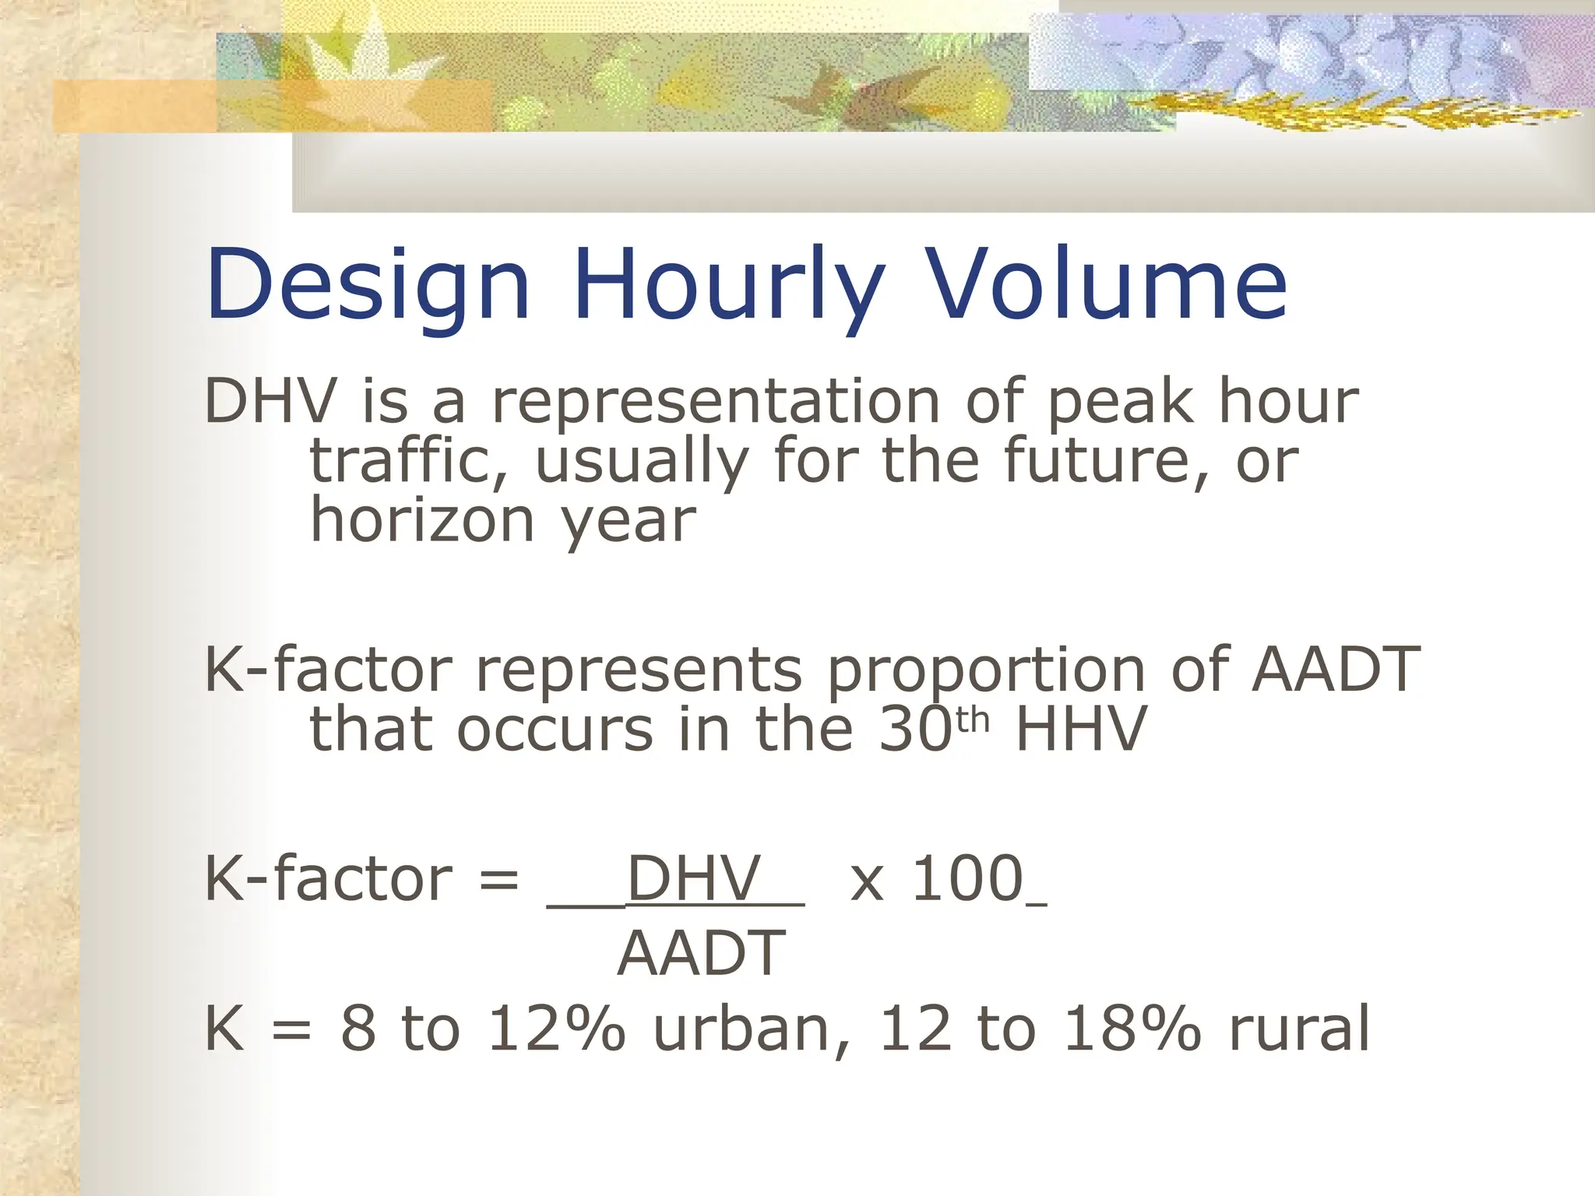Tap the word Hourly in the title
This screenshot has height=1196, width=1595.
point(728,284)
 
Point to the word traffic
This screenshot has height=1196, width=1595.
point(410,461)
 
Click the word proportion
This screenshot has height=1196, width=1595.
point(985,670)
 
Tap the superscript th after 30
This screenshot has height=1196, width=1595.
point(971,721)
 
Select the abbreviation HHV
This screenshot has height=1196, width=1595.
point(1081,730)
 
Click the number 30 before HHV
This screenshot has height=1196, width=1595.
point(915,730)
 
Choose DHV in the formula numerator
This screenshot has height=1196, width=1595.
point(693,879)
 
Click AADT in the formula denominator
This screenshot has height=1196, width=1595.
point(701,954)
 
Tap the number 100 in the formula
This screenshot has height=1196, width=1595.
point(967,879)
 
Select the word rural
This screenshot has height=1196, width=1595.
point(1299,1029)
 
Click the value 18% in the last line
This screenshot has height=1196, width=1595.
point(1132,1029)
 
